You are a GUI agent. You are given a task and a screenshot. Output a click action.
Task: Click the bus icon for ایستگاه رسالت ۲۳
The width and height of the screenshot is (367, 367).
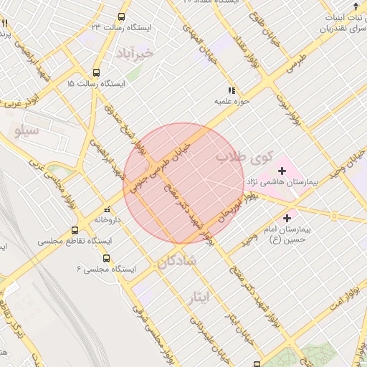[x=121, y=16]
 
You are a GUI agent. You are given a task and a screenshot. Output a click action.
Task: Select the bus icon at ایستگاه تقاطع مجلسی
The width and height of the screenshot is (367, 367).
[x=75, y=231]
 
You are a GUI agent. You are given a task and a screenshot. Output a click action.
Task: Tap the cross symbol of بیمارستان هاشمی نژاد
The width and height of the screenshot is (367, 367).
[x=282, y=171]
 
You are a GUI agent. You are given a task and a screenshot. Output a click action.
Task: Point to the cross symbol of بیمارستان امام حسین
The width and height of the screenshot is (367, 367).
[x=287, y=216]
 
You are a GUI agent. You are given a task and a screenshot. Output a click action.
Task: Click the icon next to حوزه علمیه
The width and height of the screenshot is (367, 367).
[x=231, y=90]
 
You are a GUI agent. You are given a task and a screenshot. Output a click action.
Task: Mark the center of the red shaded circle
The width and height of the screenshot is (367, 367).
[x=183, y=183]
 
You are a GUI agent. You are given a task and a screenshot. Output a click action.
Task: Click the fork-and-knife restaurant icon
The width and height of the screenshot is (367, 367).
[x=5, y=24]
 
